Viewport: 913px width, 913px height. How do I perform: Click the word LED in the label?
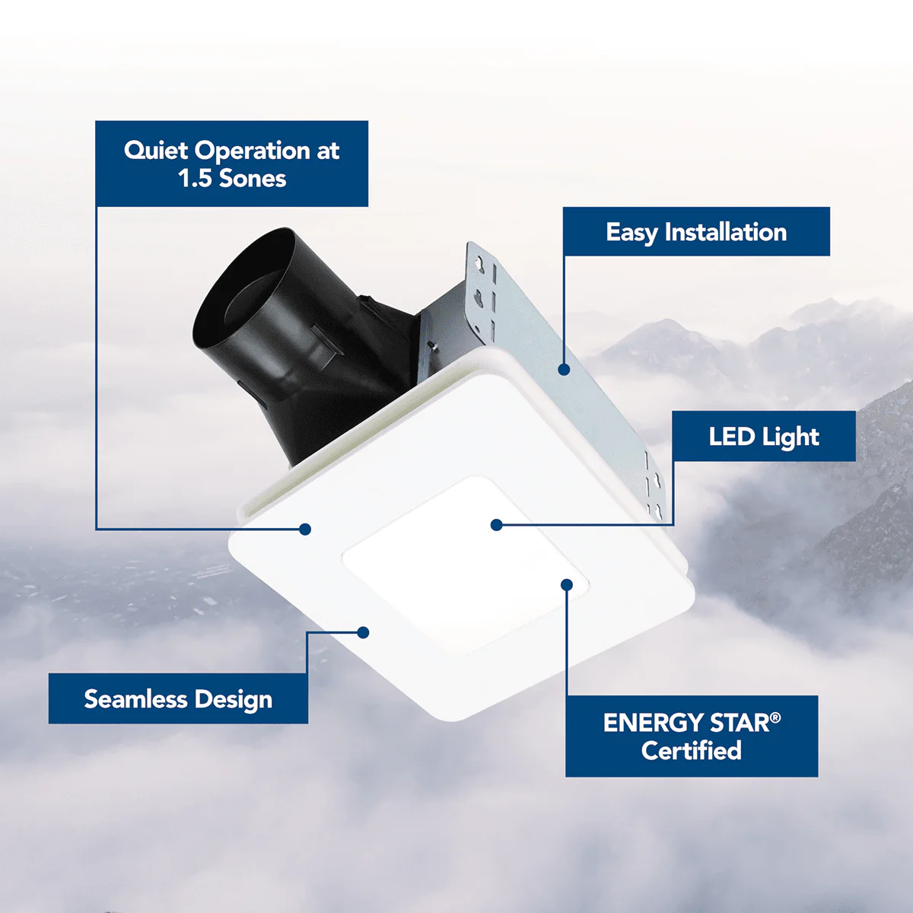(731, 437)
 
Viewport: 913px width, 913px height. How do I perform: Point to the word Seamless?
(135, 699)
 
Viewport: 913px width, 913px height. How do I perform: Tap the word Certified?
(691, 751)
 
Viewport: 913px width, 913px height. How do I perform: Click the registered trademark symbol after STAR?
(775, 717)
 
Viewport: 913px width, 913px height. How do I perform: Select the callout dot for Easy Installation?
(564, 370)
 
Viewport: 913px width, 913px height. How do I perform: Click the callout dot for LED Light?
(497, 525)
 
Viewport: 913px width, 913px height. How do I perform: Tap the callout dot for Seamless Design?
(364, 632)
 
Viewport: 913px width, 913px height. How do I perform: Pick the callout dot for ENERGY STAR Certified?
(567, 584)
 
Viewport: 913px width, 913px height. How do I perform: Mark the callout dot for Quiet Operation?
(305, 529)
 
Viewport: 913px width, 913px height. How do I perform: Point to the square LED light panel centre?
(464, 563)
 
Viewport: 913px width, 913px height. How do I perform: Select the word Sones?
(253, 179)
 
